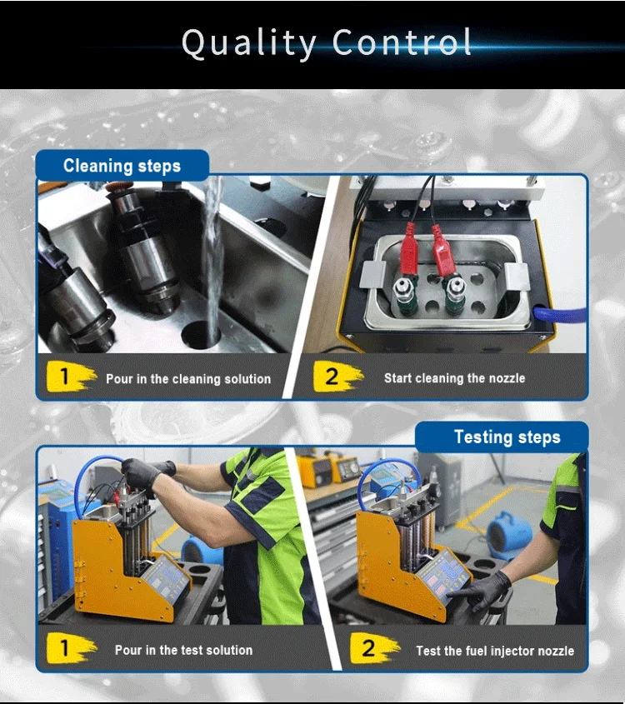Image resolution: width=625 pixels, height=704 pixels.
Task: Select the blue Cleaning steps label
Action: coord(122,166)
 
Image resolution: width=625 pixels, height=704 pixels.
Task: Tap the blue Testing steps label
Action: coord(507,437)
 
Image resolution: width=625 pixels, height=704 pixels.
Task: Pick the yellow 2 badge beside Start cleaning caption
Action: coord(337,377)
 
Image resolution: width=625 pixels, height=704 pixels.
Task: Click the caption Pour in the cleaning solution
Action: coord(188,379)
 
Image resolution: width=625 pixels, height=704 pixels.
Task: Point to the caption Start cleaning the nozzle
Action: coord(454,378)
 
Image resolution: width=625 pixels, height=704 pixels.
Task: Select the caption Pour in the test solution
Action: coord(183,650)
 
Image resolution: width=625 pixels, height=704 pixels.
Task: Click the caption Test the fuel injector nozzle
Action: coord(495,651)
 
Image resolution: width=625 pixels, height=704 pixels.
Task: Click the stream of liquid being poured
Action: coord(212,250)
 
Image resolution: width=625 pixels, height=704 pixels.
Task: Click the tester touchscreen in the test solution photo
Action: coord(165,575)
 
